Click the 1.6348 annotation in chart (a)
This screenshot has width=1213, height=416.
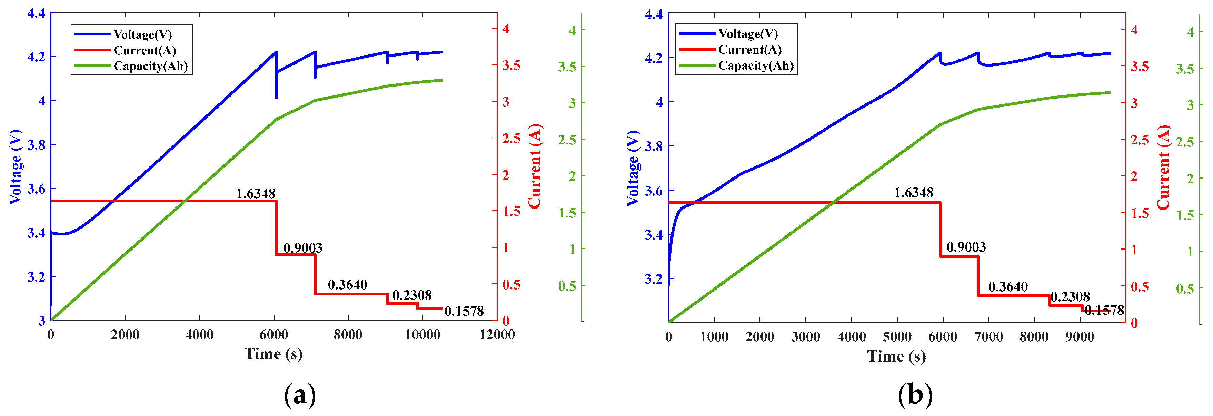(255, 194)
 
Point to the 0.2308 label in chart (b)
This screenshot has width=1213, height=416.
(1070, 297)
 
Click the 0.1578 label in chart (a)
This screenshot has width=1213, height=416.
(464, 311)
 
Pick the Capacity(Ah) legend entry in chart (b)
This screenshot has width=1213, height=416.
(755, 65)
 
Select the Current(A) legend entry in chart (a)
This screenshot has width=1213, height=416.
(145, 50)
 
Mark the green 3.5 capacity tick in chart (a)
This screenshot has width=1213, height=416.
(567, 67)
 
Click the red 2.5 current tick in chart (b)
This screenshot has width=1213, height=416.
(1140, 140)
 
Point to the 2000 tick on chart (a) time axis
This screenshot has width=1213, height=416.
(125, 335)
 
